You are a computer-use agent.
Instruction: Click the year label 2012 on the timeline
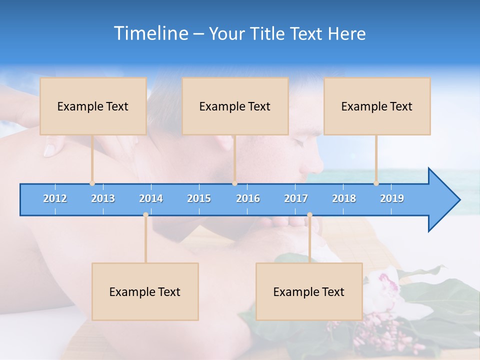[x=55, y=198]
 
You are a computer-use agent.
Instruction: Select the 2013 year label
[x=103, y=198]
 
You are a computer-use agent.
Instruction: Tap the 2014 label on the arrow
[x=151, y=198]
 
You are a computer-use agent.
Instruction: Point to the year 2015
[x=199, y=198]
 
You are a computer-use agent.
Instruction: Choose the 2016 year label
[x=248, y=198]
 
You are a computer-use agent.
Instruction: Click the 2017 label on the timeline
[x=296, y=198]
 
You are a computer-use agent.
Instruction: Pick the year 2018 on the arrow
[x=344, y=198]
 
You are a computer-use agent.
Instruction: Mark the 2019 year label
[x=392, y=198]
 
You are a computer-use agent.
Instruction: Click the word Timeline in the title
[x=150, y=33]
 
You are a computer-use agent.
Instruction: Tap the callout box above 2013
[x=93, y=106]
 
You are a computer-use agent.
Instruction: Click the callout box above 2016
[x=235, y=106]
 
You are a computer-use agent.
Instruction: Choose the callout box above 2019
[x=377, y=106]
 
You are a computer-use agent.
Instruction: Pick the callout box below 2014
[x=145, y=291]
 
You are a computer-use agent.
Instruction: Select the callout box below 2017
[x=309, y=291]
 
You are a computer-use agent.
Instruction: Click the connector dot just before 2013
[x=92, y=183]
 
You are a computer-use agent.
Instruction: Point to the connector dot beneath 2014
[x=145, y=214]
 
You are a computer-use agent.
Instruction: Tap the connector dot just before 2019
[x=376, y=183]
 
